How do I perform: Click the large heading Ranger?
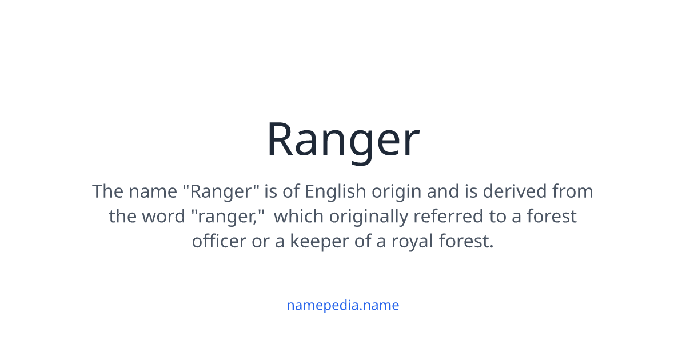343,141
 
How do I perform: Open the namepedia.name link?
342,305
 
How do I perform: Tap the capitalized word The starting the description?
107,191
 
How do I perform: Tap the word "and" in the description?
443,191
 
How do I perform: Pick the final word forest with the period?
466,241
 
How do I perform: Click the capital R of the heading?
281,141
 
